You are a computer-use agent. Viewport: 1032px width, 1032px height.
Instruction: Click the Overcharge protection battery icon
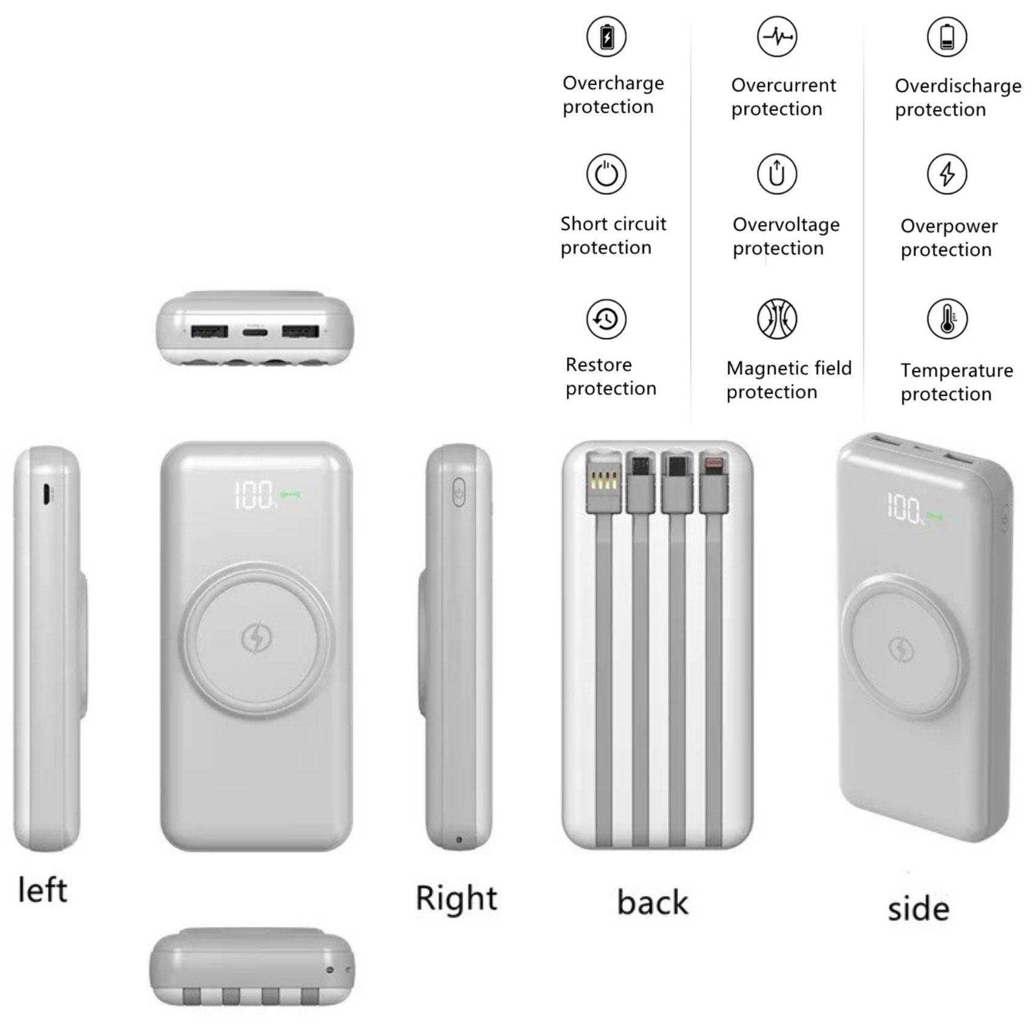click(606, 37)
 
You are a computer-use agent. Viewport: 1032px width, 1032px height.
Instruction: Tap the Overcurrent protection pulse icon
click(776, 37)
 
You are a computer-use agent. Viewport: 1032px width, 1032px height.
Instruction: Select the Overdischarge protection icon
click(946, 37)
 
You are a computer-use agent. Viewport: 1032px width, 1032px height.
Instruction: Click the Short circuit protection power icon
click(606, 174)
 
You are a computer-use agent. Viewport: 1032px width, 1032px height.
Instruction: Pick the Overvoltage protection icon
click(776, 174)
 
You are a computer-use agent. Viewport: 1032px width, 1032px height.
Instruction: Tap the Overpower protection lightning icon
click(946, 174)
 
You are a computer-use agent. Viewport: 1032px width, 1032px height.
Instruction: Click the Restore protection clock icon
click(606, 319)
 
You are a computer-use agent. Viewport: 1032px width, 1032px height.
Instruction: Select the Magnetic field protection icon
click(776, 319)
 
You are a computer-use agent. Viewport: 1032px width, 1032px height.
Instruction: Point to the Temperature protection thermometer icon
click(946, 319)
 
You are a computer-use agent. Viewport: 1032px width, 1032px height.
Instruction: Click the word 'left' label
click(42, 891)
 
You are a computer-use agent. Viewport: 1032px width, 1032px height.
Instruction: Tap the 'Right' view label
click(457, 898)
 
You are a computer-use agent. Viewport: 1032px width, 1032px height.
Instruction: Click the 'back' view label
click(653, 902)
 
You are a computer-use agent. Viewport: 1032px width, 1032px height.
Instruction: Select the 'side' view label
click(918, 909)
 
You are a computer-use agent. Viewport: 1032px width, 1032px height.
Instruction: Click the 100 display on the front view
click(254, 495)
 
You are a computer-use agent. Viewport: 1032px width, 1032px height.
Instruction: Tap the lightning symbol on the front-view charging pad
click(257, 637)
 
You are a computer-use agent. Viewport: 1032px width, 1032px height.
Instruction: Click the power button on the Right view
click(458, 492)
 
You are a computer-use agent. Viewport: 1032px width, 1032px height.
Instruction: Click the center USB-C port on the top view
click(255, 331)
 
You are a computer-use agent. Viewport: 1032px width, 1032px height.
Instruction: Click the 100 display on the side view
click(905, 509)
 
